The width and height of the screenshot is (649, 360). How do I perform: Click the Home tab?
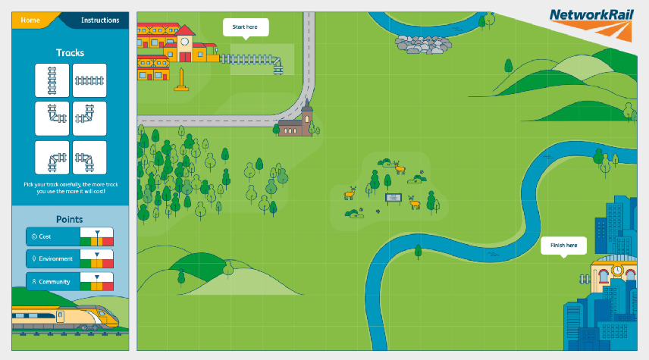click(x=31, y=20)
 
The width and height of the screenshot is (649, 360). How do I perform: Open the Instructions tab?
click(x=99, y=20)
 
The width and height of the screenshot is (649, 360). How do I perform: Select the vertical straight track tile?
click(x=52, y=80)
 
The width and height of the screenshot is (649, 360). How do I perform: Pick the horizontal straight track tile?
click(x=89, y=80)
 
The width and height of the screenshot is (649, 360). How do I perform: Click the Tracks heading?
click(x=71, y=53)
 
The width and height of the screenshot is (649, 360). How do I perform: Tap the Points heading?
click(x=71, y=219)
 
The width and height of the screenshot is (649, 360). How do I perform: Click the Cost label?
click(x=45, y=237)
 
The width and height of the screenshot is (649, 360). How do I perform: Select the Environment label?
click(x=55, y=259)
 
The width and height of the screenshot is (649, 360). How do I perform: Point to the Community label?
click(x=54, y=282)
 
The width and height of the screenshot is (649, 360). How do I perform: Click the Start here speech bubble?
click(x=245, y=27)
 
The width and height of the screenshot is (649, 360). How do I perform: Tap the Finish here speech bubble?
click(x=563, y=246)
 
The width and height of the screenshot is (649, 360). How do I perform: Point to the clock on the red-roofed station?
click(x=184, y=41)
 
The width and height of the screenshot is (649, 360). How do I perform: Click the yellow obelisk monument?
click(x=180, y=80)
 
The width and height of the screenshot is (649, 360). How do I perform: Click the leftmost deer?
click(x=350, y=194)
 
